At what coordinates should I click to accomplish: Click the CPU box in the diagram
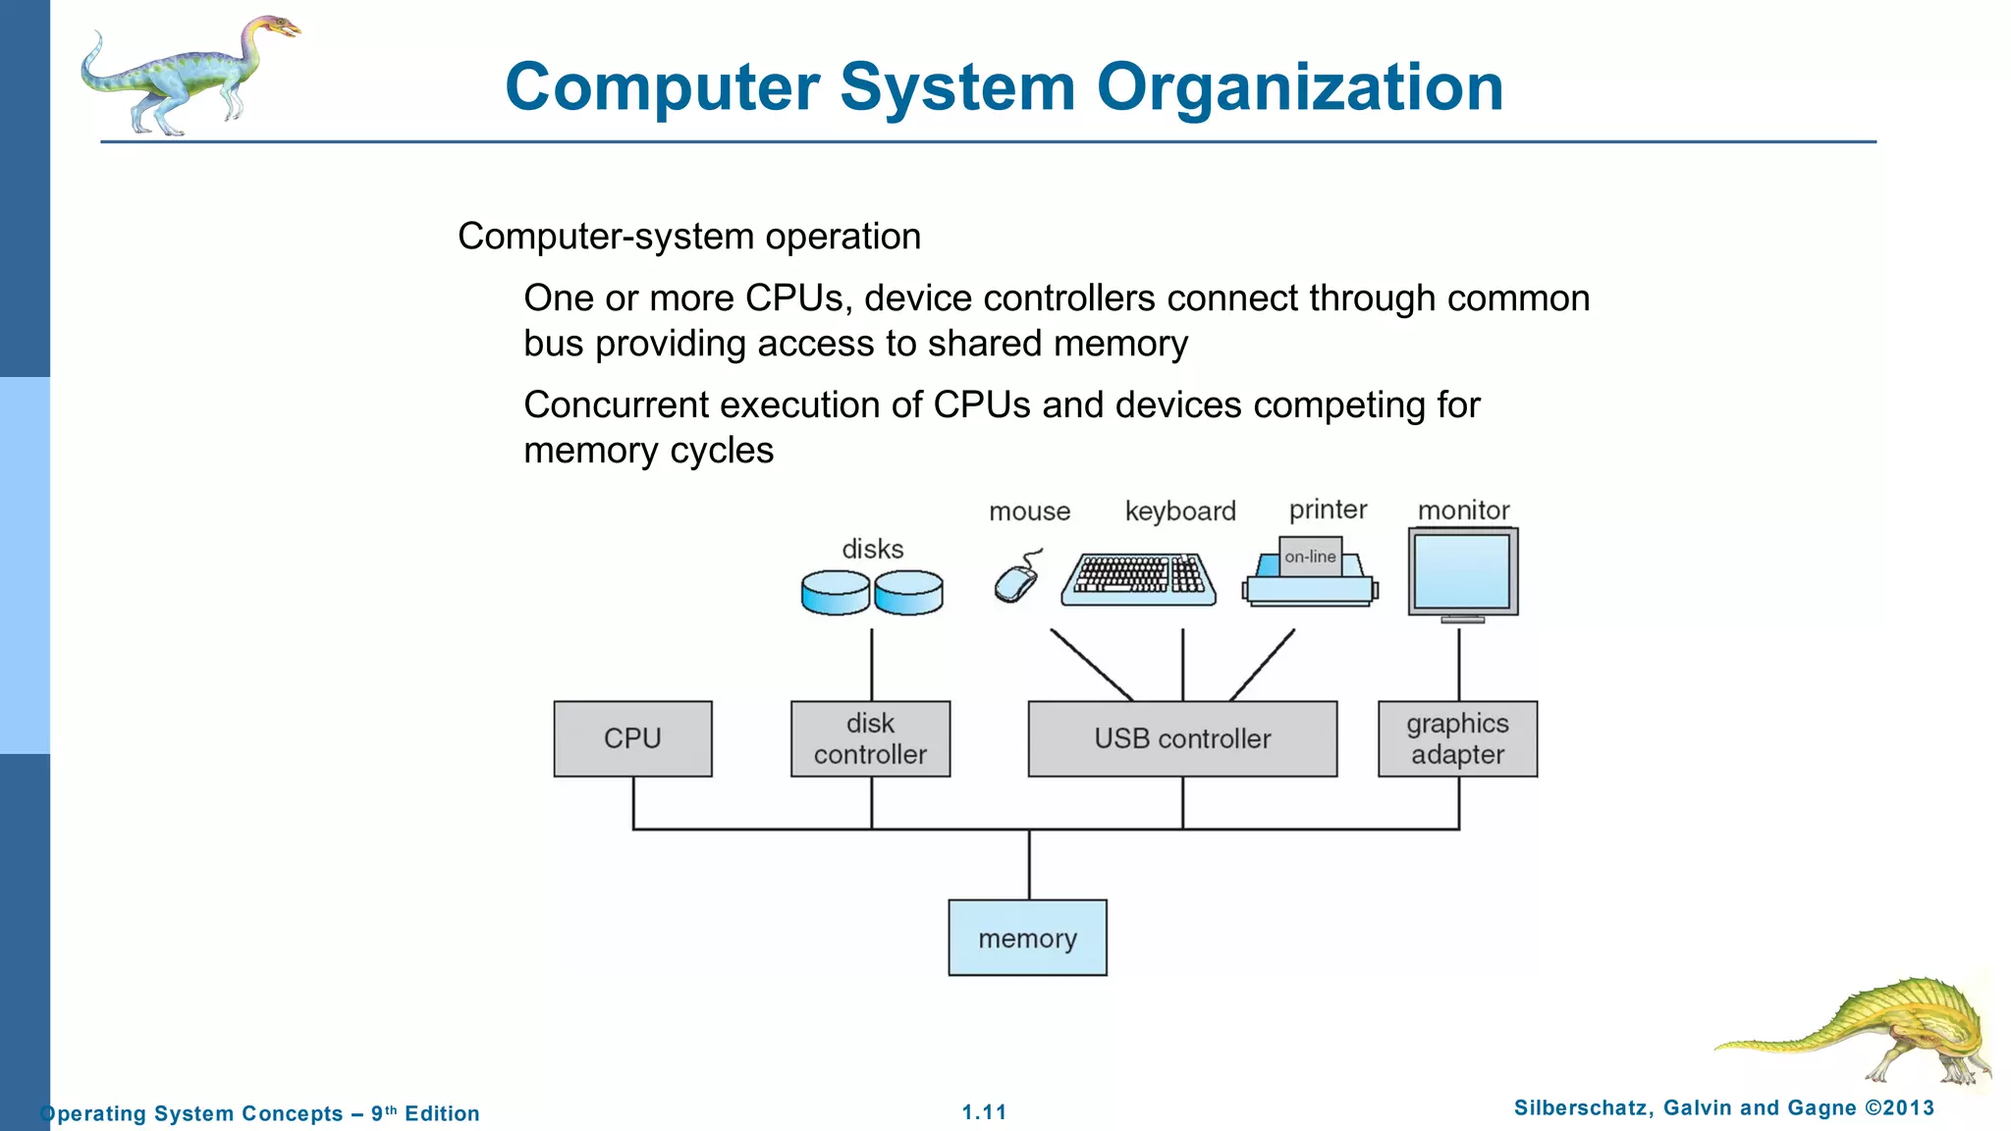tap(632, 738)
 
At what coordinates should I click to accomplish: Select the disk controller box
tap(870, 738)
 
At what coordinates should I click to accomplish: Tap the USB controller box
tap(1182, 738)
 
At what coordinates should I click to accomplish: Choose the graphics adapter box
tap(1457, 738)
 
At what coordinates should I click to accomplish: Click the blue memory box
tap(1027, 938)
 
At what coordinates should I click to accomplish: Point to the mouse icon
tap(1016, 581)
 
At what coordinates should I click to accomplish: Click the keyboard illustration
tap(1139, 579)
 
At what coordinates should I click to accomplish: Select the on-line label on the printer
tap(1310, 557)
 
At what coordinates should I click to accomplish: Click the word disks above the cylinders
tap(872, 549)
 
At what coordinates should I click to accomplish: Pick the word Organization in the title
tap(1299, 87)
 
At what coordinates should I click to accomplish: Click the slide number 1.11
tap(984, 1112)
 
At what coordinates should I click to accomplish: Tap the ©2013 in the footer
tap(1899, 1108)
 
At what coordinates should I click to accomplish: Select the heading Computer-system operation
tap(689, 237)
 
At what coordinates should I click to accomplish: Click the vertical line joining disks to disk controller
tap(871, 665)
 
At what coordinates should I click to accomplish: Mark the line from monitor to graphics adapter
tap(1458, 665)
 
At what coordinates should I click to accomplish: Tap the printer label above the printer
tap(1328, 510)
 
